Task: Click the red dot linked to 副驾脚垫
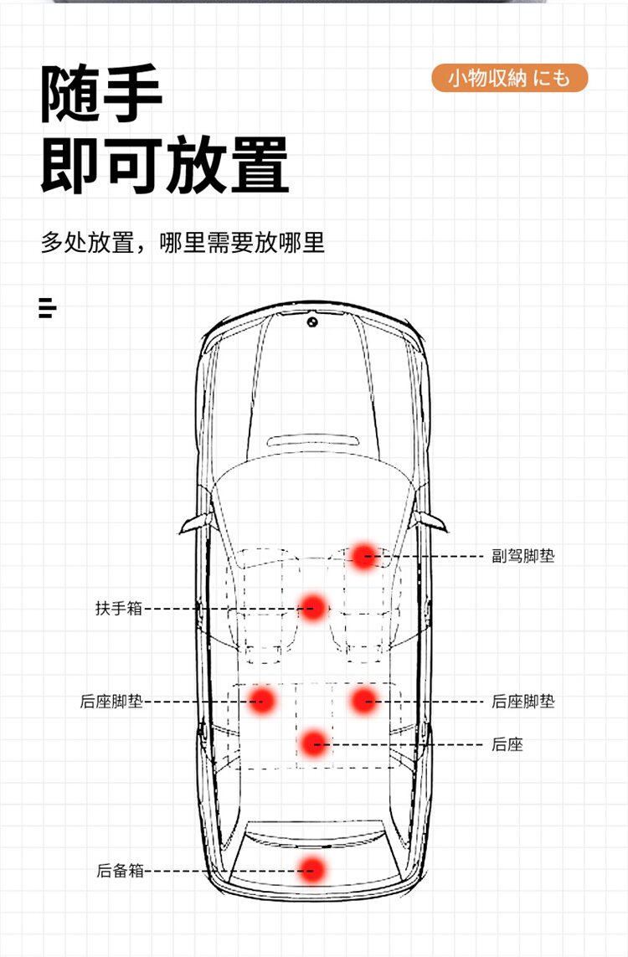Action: [363, 555]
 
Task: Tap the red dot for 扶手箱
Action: [313, 607]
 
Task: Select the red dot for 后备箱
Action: [312, 870]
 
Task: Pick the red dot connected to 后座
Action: [313, 743]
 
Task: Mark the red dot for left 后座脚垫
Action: [262, 700]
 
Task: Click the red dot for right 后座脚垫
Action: [363, 700]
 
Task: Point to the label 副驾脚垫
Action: [523, 556]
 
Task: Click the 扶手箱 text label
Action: [119, 609]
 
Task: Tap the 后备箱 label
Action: [120, 871]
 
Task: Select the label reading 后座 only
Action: [507, 744]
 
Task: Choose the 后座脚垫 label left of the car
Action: [111, 702]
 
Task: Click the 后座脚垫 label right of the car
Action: [523, 702]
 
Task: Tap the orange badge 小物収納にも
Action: [509, 78]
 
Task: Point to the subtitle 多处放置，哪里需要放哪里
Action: [183, 243]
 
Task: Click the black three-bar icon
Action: [47, 307]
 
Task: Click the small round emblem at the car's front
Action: [312, 322]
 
